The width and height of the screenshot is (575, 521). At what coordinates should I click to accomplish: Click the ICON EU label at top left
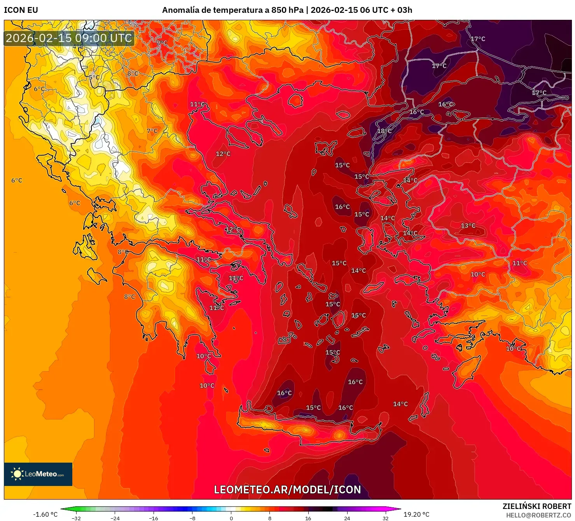(21, 10)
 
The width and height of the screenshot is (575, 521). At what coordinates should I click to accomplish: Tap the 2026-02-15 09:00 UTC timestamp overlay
(69, 38)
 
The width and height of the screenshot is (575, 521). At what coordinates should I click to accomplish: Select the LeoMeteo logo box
(38, 474)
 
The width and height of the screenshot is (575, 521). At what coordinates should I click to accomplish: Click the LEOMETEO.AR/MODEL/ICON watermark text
(287, 489)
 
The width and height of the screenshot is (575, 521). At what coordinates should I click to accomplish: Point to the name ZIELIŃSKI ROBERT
(537, 506)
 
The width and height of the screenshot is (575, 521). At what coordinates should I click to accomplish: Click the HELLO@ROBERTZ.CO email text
(538, 515)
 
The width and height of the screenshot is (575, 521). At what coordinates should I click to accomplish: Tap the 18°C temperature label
(384, 131)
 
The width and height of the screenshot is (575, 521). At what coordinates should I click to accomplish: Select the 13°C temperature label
(468, 226)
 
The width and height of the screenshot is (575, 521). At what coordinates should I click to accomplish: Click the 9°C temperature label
(162, 43)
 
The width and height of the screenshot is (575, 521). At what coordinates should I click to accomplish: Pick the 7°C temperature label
(152, 131)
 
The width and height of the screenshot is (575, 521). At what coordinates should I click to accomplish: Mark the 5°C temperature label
(94, 77)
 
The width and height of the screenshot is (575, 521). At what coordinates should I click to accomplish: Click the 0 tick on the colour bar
(231, 518)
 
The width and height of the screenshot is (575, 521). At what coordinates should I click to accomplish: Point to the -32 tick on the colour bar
(77, 518)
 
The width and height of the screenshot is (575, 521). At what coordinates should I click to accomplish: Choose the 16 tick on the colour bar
(308, 518)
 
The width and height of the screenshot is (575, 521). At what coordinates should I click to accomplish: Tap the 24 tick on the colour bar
(347, 518)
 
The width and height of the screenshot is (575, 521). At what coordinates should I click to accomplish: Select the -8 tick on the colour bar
(192, 518)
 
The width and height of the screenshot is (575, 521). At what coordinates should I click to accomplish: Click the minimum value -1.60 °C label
(45, 514)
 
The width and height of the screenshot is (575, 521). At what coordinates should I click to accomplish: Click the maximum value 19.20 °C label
(416, 514)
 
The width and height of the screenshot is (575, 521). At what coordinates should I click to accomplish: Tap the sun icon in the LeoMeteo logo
(17, 474)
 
